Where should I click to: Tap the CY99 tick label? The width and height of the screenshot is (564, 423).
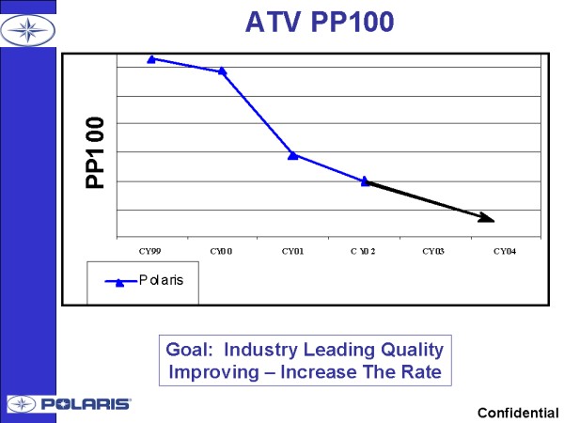151,251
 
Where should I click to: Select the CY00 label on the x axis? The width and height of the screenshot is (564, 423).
222,251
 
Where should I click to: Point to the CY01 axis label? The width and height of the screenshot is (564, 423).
293,251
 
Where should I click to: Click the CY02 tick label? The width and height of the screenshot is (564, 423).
365,251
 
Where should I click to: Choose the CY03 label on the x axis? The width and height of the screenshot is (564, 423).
435,251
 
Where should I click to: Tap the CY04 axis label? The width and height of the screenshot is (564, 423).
506,251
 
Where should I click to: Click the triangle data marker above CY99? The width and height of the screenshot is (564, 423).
151,58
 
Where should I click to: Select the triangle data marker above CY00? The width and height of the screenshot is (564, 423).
223,70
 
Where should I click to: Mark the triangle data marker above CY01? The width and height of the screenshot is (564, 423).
293,154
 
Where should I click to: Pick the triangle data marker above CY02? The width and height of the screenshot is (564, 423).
365,181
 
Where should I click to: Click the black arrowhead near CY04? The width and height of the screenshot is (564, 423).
487,218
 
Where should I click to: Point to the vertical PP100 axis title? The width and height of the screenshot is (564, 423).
95,153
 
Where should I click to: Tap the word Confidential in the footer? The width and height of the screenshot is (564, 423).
518,413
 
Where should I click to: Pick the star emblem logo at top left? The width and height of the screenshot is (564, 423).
27,29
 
